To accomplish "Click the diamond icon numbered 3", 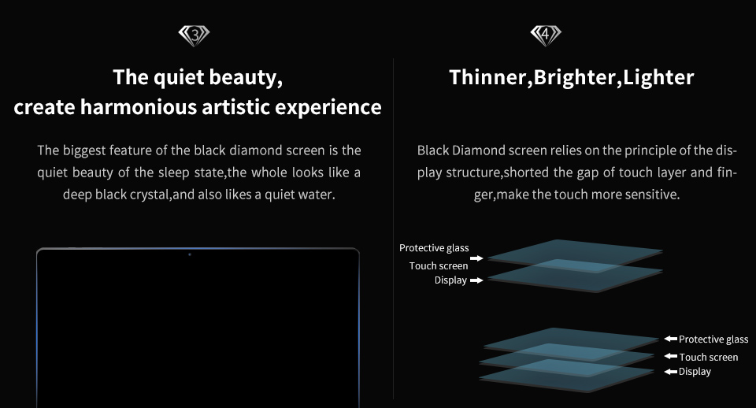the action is (194, 35).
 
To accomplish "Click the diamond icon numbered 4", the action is (546, 35).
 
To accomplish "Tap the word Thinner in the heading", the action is (488, 77).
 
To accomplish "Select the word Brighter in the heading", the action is (575, 78).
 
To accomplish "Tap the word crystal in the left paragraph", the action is (150, 195).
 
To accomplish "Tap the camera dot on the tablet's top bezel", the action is (190, 254).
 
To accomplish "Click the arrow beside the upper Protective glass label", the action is (476, 258).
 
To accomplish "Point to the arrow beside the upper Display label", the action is (476, 280).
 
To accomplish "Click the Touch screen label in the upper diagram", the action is (439, 265).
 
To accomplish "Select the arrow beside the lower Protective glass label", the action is (671, 339).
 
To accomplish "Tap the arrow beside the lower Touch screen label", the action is (671, 356).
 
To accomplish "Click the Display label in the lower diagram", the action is (695, 372).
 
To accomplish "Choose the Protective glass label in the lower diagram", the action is (713, 339).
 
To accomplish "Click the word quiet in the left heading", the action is (178, 78).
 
